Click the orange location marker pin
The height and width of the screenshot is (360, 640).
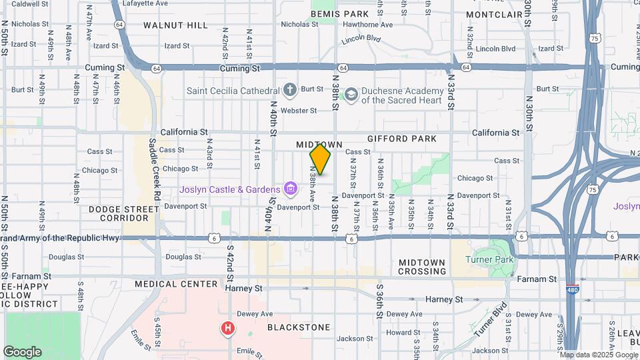click(321, 159)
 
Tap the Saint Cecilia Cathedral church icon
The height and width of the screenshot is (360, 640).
click(289, 90)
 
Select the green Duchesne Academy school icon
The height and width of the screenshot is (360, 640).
click(350, 95)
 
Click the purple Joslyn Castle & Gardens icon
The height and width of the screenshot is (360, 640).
click(289, 189)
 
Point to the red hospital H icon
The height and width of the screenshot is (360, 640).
click(228, 328)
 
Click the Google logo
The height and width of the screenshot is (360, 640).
click(22, 351)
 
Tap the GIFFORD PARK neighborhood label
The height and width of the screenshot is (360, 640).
click(401, 139)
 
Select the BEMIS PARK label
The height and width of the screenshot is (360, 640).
click(340, 14)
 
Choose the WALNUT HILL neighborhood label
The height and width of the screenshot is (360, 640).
click(176, 25)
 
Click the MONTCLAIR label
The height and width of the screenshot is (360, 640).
click(493, 14)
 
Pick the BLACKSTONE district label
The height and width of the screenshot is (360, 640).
click(299, 327)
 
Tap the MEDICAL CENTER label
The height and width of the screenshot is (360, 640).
click(176, 284)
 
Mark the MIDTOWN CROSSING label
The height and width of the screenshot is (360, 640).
click(422, 267)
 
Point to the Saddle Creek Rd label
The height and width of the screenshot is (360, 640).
click(154, 170)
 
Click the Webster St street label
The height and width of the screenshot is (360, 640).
click(298, 111)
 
